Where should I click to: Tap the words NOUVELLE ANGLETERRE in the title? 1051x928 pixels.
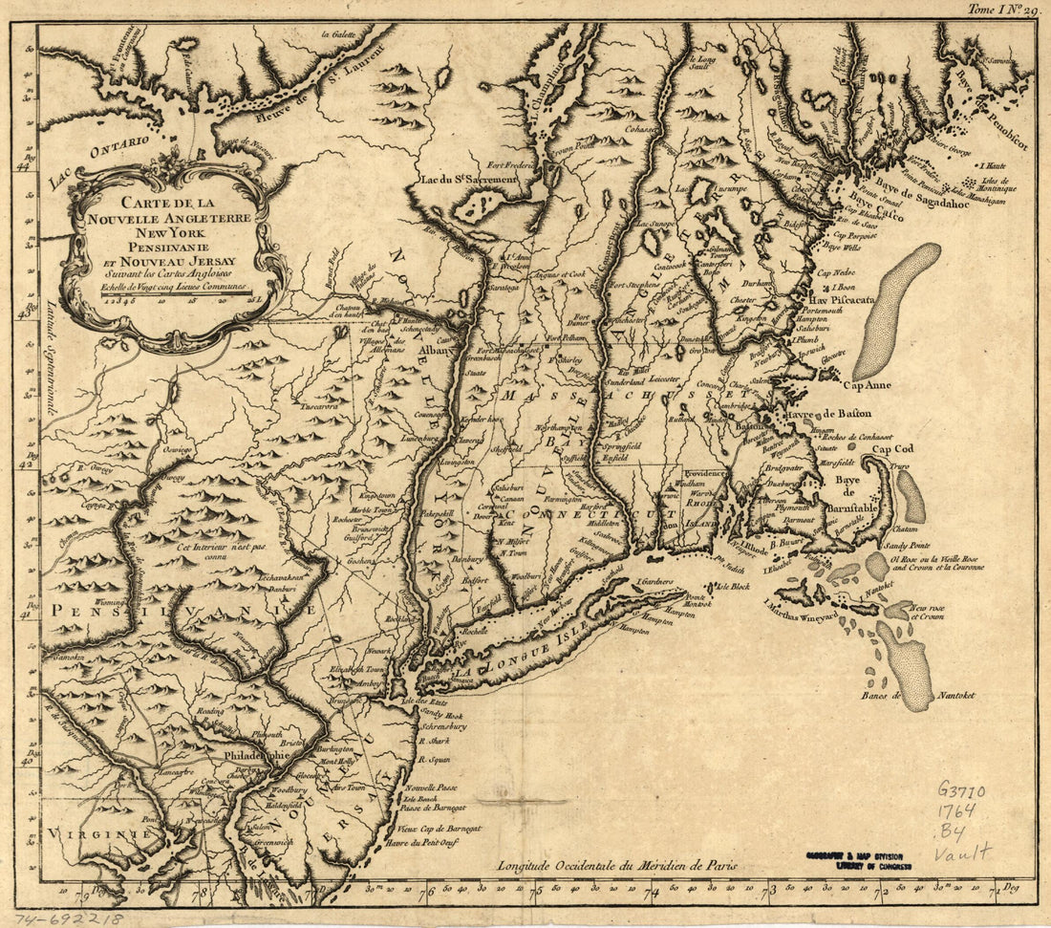174,217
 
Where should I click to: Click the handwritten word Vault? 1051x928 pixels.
962,852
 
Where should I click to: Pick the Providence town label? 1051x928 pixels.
705,474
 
